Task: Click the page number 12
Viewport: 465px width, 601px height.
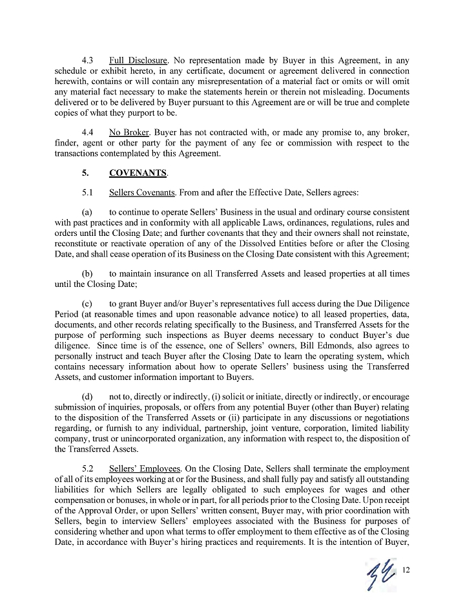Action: point(406,569)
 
